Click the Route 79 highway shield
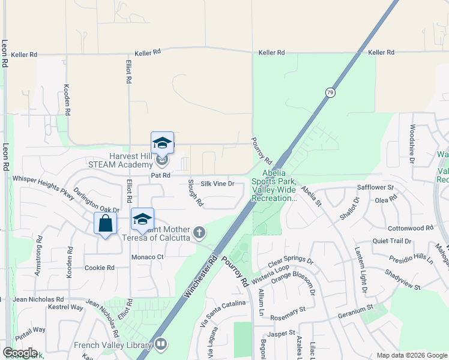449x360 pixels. (330, 92)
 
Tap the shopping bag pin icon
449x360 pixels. (106, 224)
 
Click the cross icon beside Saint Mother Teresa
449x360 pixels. (199, 232)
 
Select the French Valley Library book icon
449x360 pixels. (160, 344)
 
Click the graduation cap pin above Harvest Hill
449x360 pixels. (162, 143)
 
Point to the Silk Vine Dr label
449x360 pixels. (217, 184)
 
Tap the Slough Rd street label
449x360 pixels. (196, 193)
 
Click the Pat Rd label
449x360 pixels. (161, 176)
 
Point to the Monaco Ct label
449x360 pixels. (148, 257)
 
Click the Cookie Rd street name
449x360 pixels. (99, 268)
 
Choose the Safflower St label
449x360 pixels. (375, 187)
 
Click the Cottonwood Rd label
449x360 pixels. (411, 228)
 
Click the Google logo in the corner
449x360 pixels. (20, 353)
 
